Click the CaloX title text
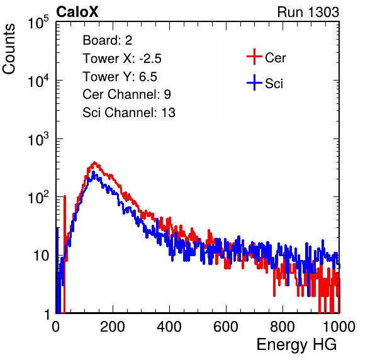77,12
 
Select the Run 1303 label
308,12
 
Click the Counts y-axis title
9,49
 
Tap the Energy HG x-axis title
296,345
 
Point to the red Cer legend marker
254,57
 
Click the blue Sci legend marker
254,82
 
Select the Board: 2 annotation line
108,40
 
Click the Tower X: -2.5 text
122,59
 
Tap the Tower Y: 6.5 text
120,77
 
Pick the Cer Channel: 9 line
126,94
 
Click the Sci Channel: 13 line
129,113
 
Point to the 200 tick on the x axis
113,327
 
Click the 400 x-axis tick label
169,327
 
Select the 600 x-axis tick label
226,327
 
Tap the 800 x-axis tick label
283,327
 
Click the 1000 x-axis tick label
339,327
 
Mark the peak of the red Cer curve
94,162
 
